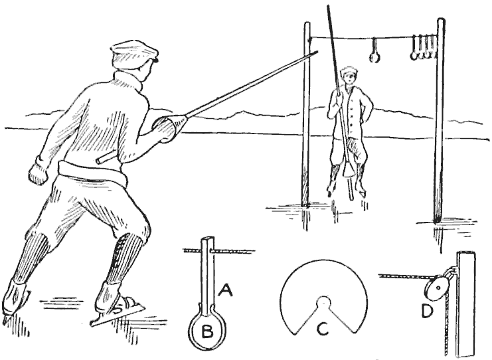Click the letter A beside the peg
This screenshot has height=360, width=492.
[225, 290]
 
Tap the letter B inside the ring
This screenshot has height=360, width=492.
[206, 331]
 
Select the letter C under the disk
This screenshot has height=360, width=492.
[323, 329]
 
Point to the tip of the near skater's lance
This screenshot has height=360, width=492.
[318, 51]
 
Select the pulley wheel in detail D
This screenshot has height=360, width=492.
[439, 287]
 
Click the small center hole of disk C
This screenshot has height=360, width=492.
[323, 303]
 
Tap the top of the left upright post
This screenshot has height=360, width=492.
[307, 24]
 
